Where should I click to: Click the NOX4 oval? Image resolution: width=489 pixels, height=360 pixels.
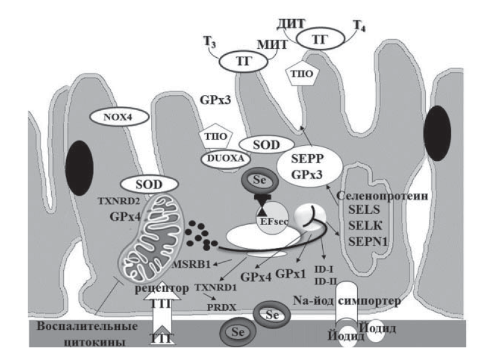(118, 117)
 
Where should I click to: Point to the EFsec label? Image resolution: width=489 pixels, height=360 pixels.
(273, 221)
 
